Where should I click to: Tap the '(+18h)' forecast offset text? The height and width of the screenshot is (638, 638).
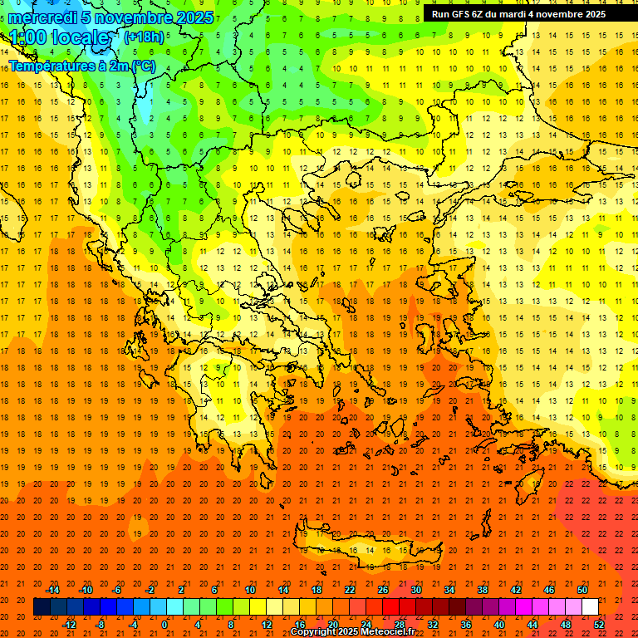(x=144, y=37)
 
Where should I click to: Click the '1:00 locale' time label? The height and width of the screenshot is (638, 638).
(x=59, y=38)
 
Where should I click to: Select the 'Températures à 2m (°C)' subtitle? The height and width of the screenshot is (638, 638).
(x=82, y=65)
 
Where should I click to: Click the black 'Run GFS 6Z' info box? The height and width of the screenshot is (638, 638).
(x=518, y=14)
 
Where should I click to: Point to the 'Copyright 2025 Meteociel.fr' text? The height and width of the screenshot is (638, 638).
(x=352, y=632)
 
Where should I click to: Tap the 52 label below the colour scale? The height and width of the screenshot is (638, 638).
(x=599, y=625)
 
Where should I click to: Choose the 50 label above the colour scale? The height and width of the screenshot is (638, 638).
(x=582, y=590)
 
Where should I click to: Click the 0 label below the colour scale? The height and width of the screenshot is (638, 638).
(x=164, y=625)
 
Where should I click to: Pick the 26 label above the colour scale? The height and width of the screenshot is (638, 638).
(x=383, y=590)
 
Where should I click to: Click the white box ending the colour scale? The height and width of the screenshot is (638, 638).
(x=591, y=607)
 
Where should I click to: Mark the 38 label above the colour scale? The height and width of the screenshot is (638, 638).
(x=483, y=590)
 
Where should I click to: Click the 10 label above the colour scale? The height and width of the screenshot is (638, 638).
(x=250, y=590)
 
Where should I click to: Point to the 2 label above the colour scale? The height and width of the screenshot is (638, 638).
(x=181, y=590)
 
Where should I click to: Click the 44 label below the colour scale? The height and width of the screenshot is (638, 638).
(x=532, y=625)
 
